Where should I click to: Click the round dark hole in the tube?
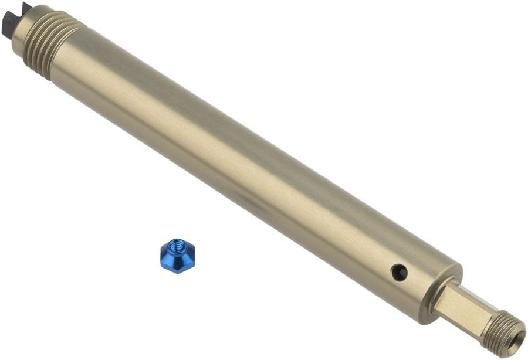[x=399, y=271]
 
